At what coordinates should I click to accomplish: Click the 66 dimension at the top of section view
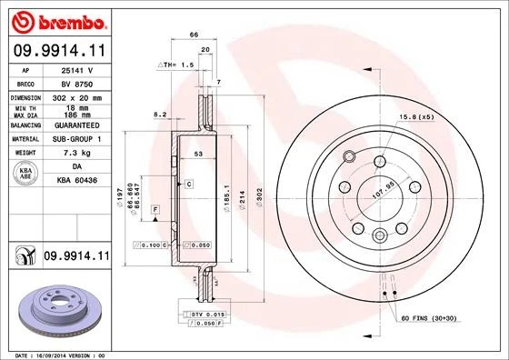193,35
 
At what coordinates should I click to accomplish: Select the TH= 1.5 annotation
178,65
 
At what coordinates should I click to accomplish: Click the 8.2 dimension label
160,115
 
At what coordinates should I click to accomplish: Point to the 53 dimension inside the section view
197,155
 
